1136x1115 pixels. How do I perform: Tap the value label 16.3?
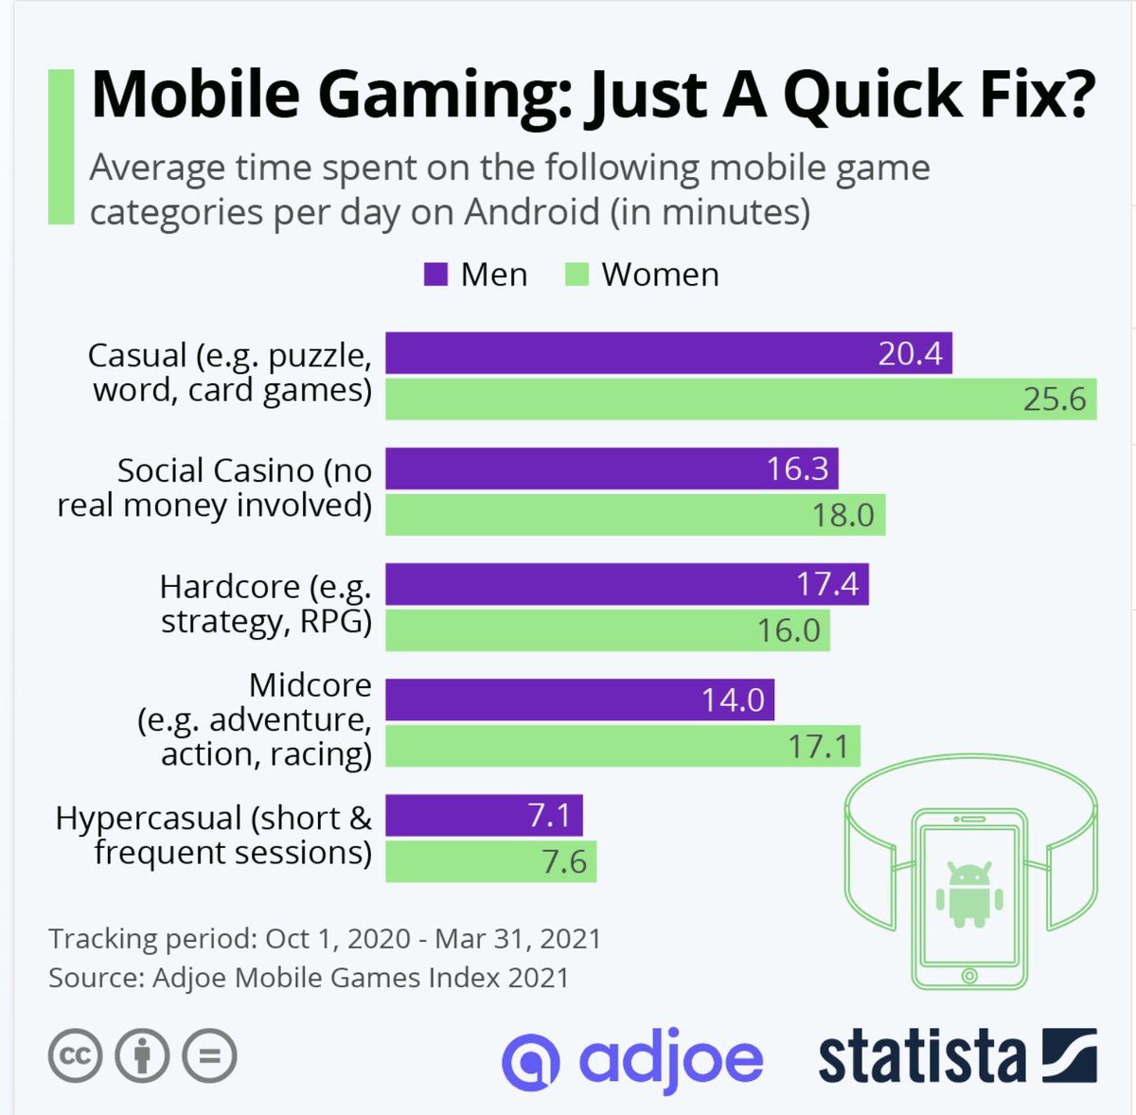pyautogui.click(x=797, y=469)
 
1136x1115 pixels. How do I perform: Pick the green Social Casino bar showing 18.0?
pyautogui.click(x=634, y=514)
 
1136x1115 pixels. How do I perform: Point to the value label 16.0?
pyautogui.click(x=788, y=629)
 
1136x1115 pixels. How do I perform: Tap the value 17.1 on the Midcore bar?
pyautogui.click(x=818, y=746)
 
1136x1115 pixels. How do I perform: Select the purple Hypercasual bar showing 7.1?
pyautogui.click(x=483, y=815)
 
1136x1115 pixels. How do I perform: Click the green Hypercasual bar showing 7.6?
pyautogui.click(x=490, y=861)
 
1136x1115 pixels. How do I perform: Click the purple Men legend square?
pyautogui.click(x=435, y=274)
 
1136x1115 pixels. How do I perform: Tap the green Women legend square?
pyautogui.click(x=577, y=274)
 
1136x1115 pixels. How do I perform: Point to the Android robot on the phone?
pyautogui.click(x=968, y=894)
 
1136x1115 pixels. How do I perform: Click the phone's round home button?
pyautogui.click(x=968, y=975)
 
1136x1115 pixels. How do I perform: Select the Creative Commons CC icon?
pyautogui.click(x=75, y=1055)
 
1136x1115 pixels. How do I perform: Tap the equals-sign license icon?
pyautogui.click(x=209, y=1055)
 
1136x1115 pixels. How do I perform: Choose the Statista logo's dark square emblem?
pyautogui.click(x=1069, y=1055)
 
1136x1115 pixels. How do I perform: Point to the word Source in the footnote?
pyautogui.click(x=93, y=977)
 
